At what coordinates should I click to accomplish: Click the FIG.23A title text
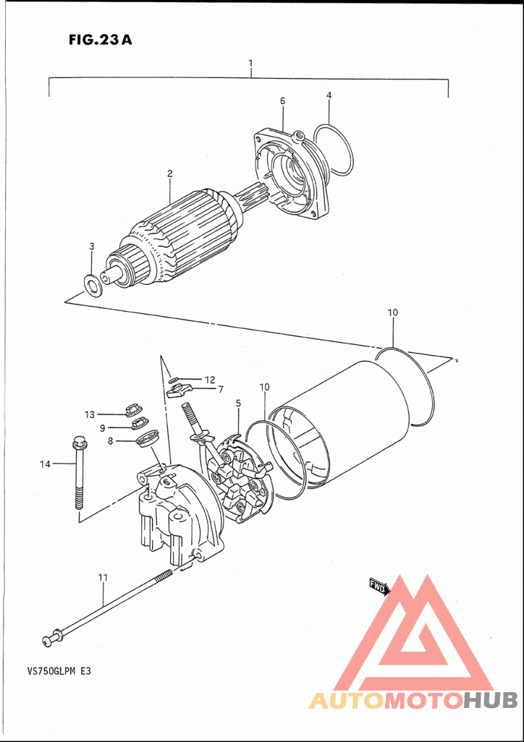point(100,40)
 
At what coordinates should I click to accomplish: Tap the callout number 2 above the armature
point(170,173)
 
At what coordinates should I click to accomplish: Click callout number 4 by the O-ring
point(329,96)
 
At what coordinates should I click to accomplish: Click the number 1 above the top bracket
point(250,62)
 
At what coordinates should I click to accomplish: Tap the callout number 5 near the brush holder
point(238,403)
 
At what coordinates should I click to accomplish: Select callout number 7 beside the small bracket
point(221,389)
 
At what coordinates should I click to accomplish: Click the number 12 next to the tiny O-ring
point(210,380)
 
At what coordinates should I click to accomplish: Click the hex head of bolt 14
point(78,444)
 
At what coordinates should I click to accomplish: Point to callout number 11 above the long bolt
point(103,578)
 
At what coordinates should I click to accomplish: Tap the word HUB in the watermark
point(490,700)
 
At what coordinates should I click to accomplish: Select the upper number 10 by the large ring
point(392,312)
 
